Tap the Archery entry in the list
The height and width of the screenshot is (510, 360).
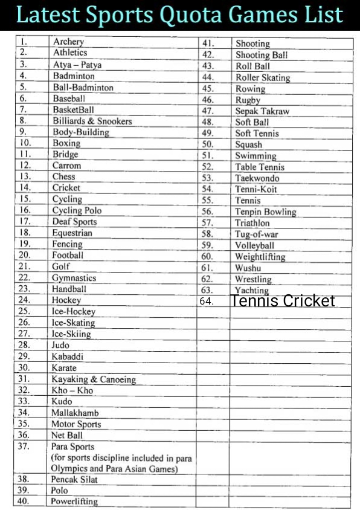[68, 42]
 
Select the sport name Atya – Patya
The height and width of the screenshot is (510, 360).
[77, 65]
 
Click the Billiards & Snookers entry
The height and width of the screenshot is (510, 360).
[92, 121]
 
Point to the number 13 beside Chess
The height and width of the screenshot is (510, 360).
[25, 176]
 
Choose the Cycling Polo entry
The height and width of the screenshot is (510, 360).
[77, 210]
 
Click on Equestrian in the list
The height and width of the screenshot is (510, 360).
[72, 233]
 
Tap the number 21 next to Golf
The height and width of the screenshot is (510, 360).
[25, 266]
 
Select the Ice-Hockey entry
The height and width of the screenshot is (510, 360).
[73, 312]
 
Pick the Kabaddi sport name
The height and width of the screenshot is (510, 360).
[68, 357]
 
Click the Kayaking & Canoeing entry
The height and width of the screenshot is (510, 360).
[94, 379]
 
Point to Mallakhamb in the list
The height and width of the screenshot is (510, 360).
[75, 413]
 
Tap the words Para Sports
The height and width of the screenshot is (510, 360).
[72, 447]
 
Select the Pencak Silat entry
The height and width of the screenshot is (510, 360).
[74, 479]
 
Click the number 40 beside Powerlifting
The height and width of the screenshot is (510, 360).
[24, 501]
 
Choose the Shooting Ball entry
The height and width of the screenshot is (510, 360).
[262, 55]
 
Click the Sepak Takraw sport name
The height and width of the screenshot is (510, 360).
[262, 111]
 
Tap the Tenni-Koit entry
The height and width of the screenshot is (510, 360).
[256, 189]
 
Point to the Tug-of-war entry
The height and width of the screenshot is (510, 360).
[257, 234]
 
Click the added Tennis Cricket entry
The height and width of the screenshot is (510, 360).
[282, 300]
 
